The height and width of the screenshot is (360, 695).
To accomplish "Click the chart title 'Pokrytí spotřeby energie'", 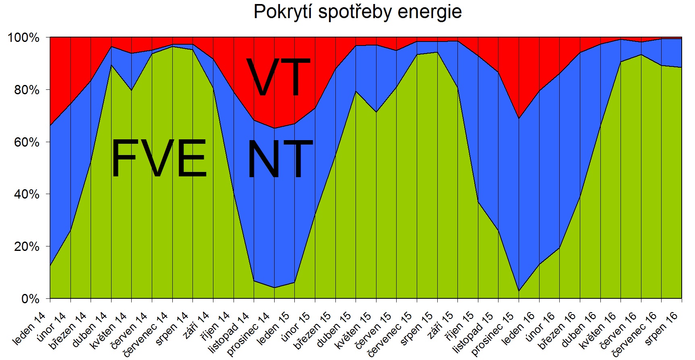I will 357,12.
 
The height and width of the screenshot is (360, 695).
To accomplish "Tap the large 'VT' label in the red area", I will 278,77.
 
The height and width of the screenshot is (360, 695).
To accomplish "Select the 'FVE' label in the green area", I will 159,158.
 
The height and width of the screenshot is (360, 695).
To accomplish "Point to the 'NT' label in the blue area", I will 280,159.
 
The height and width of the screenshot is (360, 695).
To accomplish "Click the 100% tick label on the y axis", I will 24,38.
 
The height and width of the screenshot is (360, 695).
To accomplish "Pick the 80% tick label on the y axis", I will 27,90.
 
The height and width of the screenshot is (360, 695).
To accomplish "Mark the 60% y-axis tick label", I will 27,142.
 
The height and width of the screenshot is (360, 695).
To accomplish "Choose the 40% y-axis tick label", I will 27,194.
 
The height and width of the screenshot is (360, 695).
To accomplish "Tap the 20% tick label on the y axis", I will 27,246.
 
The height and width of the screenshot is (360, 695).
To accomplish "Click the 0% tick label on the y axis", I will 30,299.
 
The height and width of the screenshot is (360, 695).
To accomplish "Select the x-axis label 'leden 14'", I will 29,329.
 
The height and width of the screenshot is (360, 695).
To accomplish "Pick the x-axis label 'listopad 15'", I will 473,333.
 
